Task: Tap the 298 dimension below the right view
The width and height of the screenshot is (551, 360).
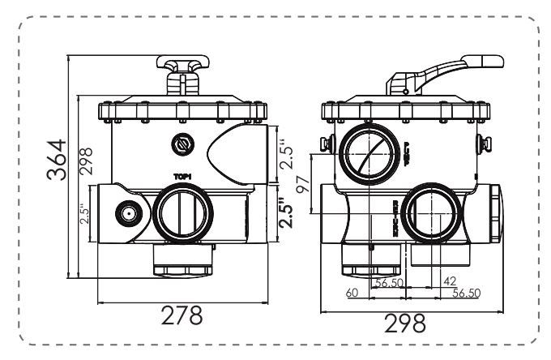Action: [x=405, y=324]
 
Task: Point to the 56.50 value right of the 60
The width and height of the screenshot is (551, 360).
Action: [x=389, y=283]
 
